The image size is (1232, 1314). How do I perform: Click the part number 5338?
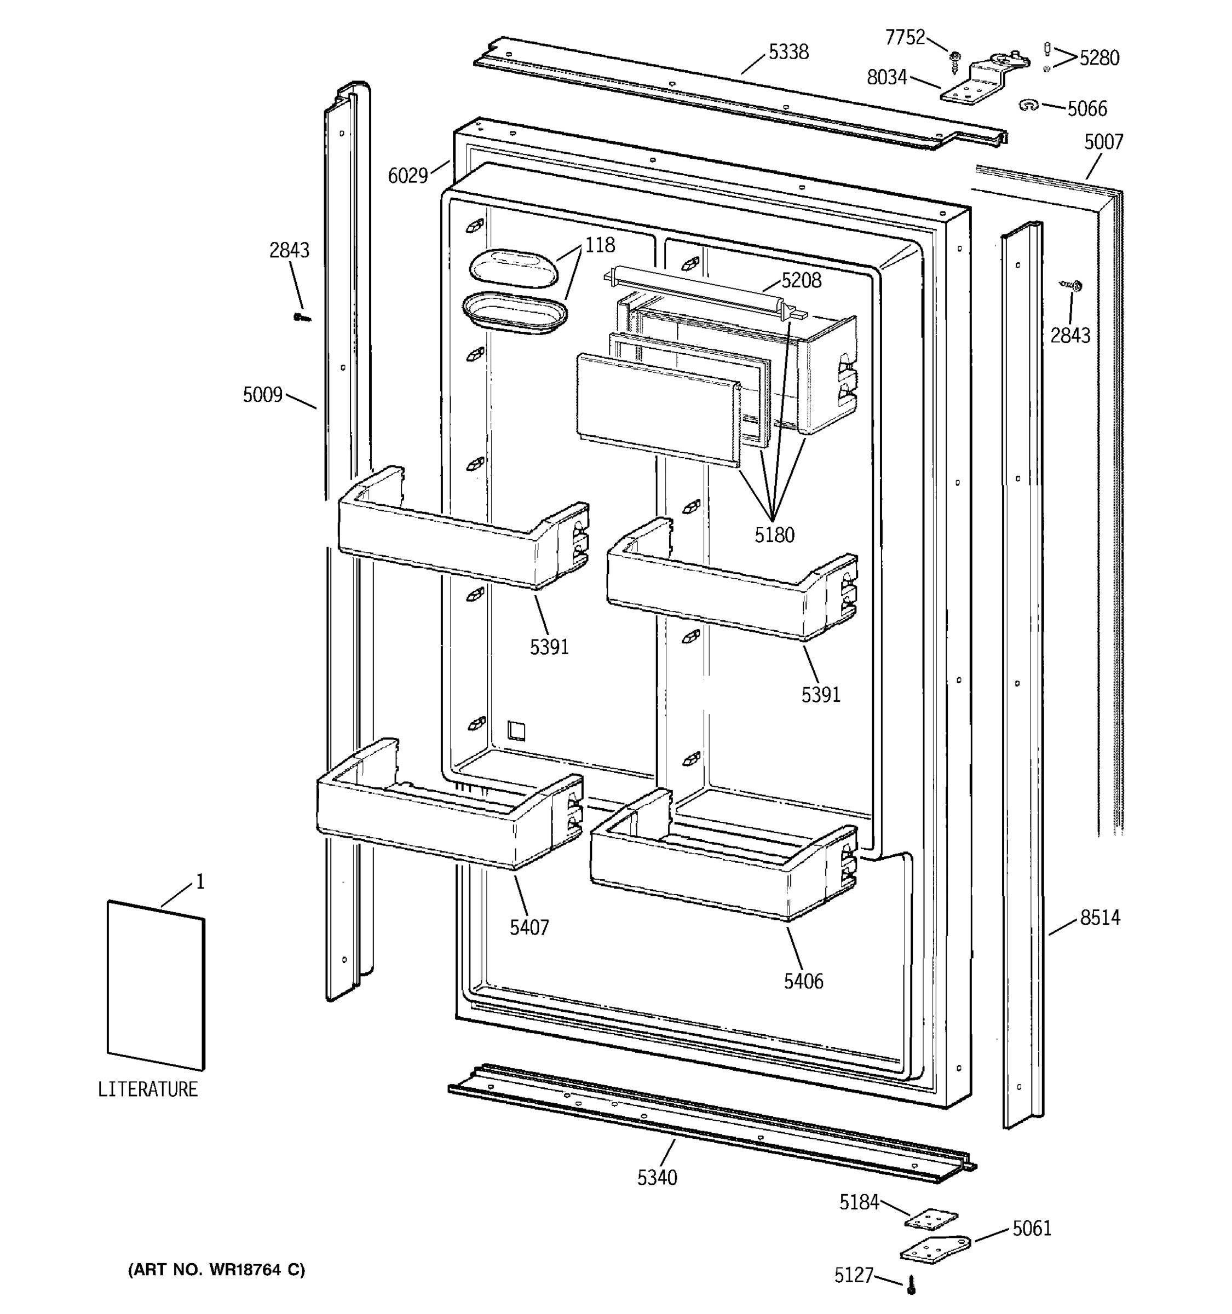[x=788, y=51]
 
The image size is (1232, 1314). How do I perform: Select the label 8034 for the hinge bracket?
[x=886, y=78]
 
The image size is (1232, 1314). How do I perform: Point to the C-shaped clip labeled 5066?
[x=1028, y=105]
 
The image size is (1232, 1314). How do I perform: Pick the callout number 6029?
[x=407, y=175]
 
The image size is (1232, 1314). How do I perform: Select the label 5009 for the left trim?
[x=262, y=395]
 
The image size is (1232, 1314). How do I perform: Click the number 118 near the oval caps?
[x=600, y=245]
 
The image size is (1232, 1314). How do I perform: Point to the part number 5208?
[x=801, y=280]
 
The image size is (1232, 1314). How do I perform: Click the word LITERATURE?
[x=147, y=1090]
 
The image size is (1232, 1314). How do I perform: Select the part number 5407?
[x=529, y=927]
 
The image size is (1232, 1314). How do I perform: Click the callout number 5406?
[x=803, y=981]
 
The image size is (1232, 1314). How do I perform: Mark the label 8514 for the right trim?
[x=1100, y=918]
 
